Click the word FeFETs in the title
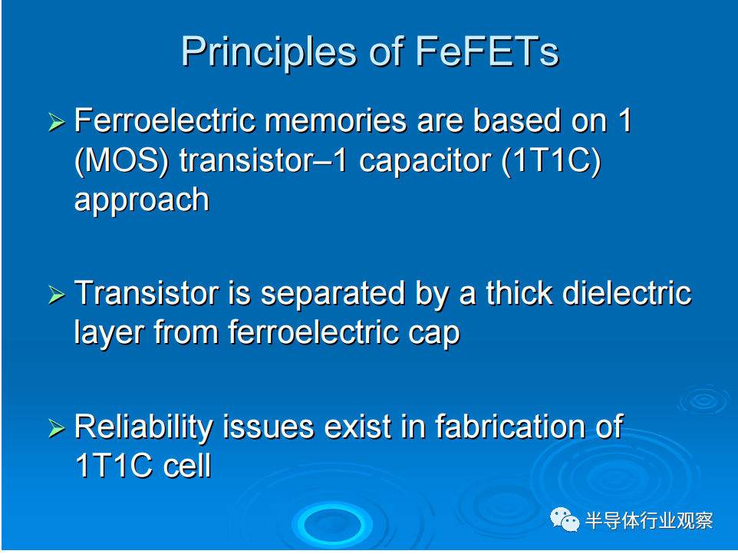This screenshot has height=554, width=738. click(x=487, y=51)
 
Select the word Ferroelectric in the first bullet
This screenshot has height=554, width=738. click(x=165, y=120)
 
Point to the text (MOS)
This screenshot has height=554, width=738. click(x=121, y=161)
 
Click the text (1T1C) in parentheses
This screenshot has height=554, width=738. click(x=551, y=161)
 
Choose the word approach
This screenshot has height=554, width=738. click(x=142, y=201)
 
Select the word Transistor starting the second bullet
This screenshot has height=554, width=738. click(x=147, y=293)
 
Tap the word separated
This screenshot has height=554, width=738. click(x=333, y=294)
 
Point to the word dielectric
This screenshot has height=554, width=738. click(x=627, y=293)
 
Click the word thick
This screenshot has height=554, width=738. click(x=519, y=293)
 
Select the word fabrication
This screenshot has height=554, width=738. click(x=509, y=427)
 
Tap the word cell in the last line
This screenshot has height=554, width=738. click(x=187, y=466)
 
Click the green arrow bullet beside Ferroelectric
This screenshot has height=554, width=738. click(x=57, y=122)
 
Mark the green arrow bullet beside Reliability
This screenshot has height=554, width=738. click(x=57, y=428)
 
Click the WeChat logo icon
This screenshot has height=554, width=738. click(x=565, y=519)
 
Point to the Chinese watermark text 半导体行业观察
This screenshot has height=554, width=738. click(x=649, y=520)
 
